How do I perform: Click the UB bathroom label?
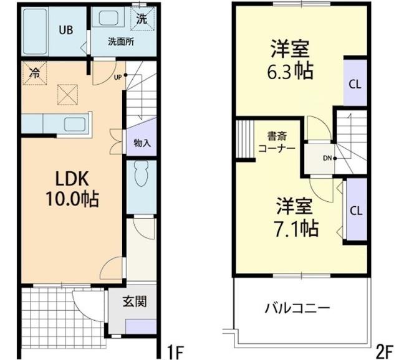[65, 29]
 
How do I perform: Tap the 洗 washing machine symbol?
[142, 19]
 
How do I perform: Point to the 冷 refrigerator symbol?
[34, 72]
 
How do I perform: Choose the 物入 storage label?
[143, 143]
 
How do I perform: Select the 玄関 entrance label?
[134, 303]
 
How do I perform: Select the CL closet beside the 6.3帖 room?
[353, 82]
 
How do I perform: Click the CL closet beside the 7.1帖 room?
[355, 210]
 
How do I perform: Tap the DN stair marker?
[326, 158]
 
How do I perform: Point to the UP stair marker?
[118, 77]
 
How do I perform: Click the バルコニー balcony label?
[297, 308]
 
